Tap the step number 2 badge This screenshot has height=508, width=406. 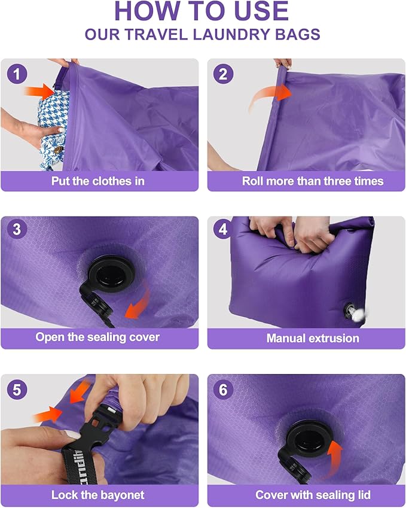pos(224,74)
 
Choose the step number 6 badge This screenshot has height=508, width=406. pos(224,390)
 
